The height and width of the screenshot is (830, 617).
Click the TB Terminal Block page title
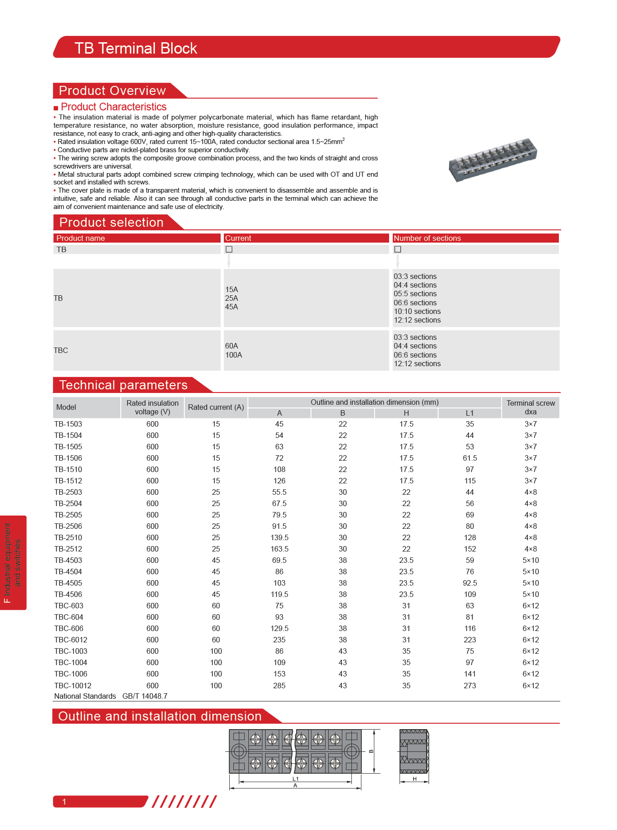pyautogui.click(x=136, y=48)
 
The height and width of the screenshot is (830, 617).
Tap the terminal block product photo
pyautogui.click(x=493, y=159)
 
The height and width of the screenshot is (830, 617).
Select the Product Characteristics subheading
pyautogui.click(x=114, y=107)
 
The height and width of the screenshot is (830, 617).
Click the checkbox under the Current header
pyautogui.click(x=229, y=249)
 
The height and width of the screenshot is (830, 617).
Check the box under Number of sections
pyautogui.click(x=398, y=249)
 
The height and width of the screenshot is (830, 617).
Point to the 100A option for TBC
pyautogui.click(x=234, y=355)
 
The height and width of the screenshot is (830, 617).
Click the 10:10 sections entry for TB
pyautogui.click(x=417, y=312)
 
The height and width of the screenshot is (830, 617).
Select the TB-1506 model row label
pyautogui.click(x=68, y=458)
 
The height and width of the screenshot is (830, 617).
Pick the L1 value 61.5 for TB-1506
pyautogui.click(x=470, y=458)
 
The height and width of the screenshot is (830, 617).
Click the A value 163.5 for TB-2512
pyautogui.click(x=280, y=549)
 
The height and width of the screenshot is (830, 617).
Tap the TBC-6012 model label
pyautogui.click(x=71, y=640)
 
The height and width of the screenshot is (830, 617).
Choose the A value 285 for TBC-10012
pyautogui.click(x=279, y=686)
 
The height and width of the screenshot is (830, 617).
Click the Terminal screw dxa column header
pyautogui.click(x=531, y=408)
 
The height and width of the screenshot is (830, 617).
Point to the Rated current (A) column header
pyautogui.click(x=216, y=408)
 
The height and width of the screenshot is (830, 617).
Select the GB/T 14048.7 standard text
pyautogui.click(x=145, y=696)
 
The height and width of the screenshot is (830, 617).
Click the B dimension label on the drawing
pyautogui.click(x=371, y=751)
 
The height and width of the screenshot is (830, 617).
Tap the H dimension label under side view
pyautogui.click(x=415, y=779)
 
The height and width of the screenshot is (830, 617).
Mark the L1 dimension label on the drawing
pyautogui.click(x=296, y=779)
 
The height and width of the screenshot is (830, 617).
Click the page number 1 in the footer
pyautogui.click(x=64, y=802)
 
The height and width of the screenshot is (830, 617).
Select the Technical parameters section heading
pyautogui.click(x=123, y=385)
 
